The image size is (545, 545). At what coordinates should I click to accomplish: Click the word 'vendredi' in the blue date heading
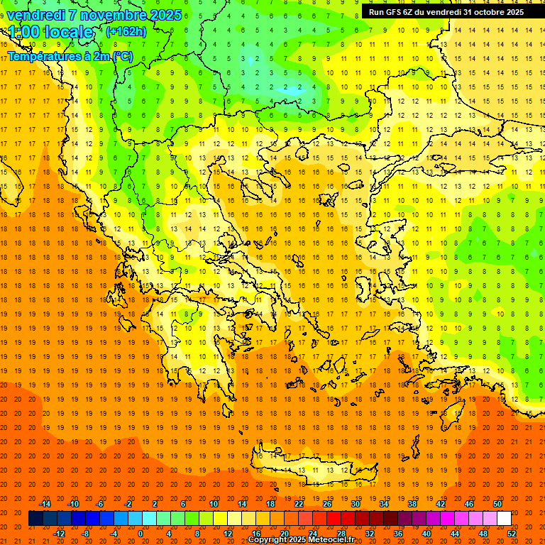(x=36, y=15)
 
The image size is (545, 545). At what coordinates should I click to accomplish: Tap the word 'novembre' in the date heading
(x=112, y=15)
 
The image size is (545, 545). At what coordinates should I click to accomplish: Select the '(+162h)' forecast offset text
(x=126, y=32)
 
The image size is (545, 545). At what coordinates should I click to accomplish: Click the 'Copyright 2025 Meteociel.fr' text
(x=302, y=540)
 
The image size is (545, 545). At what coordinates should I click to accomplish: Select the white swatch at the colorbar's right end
(x=504, y=519)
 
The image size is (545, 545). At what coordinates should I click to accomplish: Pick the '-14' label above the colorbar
(x=45, y=504)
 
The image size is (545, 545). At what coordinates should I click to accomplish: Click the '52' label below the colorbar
(x=512, y=534)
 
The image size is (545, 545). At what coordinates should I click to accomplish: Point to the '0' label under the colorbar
(x=141, y=534)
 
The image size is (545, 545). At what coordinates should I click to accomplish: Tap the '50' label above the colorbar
(x=497, y=504)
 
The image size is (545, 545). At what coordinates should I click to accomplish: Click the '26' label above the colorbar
(x=327, y=504)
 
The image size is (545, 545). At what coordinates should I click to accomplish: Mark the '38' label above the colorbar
(x=412, y=504)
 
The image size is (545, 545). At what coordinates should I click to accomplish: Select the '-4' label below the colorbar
(x=113, y=534)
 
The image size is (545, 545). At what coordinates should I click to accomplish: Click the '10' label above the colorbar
(x=214, y=504)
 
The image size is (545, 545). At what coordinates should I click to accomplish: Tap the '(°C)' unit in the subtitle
(x=121, y=57)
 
